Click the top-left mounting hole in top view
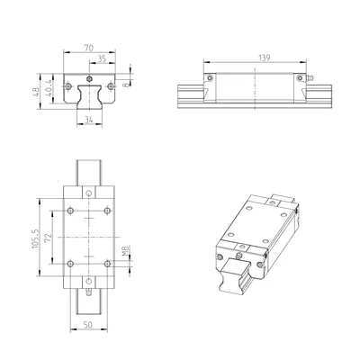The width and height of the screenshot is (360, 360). click(69, 211)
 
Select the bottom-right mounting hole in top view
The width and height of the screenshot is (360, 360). click(108, 263)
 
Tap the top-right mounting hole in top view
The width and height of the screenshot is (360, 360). click(108, 211)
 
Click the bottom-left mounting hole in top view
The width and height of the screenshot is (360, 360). click(69, 263)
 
